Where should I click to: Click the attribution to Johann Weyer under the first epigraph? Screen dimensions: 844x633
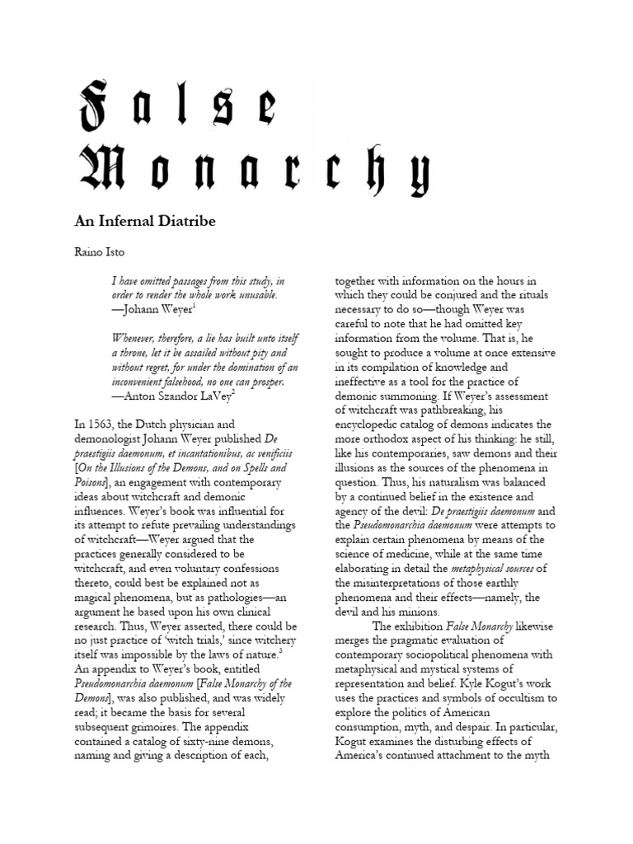point(153,309)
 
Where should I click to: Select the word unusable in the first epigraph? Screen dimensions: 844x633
point(252,295)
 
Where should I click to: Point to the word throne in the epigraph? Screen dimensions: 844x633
point(132,353)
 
